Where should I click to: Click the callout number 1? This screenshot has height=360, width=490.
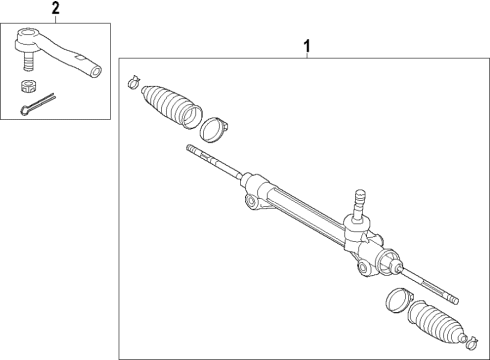pyautogui.click(x=307, y=44)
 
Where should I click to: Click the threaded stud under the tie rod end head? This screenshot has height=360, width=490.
pyautogui.click(x=30, y=63)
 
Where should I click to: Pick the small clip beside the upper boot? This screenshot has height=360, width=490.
pyautogui.click(x=134, y=82)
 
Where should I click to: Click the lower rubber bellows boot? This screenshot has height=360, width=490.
pyautogui.click(x=436, y=323)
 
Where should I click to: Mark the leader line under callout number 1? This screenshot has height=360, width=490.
pyautogui.click(x=307, y=57)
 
